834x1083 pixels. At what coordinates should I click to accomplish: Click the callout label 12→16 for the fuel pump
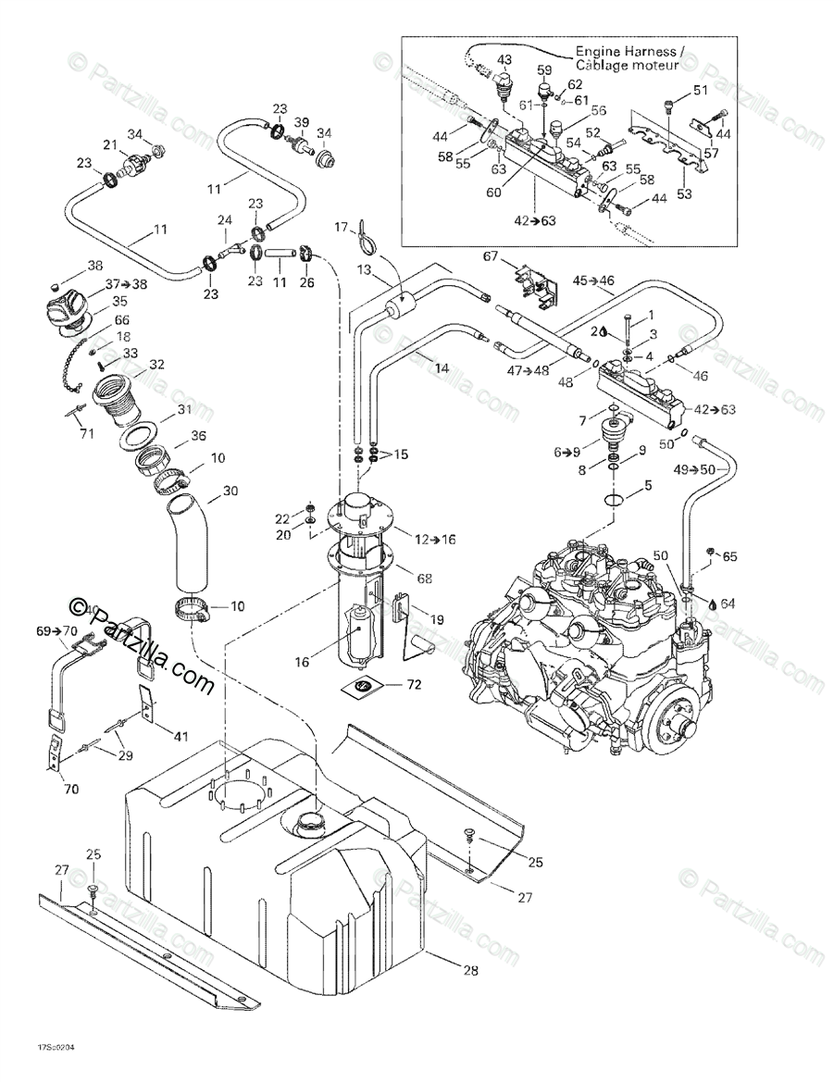pos(429,538)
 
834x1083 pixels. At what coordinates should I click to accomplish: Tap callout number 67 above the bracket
pos(490,255)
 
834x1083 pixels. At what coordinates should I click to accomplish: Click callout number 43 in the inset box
pos(505,60)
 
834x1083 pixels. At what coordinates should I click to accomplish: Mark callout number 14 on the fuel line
pos(442,367)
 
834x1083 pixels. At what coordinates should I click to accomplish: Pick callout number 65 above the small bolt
pos(730,556)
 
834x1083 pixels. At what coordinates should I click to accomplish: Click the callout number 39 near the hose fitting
pos(302,123)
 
